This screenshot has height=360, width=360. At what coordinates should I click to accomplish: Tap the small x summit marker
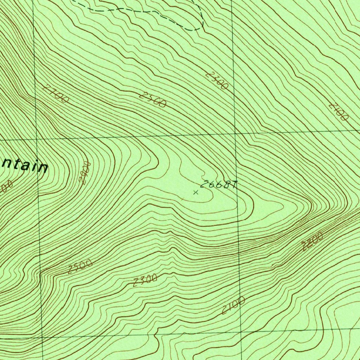click(196, 192)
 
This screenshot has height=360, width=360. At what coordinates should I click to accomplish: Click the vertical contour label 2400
click(85, 173)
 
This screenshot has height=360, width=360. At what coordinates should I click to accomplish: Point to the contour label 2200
click(312, 242)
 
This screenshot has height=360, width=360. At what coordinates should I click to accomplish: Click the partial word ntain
click(25, 166)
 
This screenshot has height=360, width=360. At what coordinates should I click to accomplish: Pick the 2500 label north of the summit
click(152, 99)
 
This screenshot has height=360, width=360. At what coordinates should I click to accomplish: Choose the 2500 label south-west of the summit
click(80, 266)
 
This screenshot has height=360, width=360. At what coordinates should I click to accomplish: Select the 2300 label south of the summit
click(145, 281)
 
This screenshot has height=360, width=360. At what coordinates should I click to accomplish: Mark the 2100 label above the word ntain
click(56, 94)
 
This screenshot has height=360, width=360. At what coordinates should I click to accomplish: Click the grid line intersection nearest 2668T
click(235, 134)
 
